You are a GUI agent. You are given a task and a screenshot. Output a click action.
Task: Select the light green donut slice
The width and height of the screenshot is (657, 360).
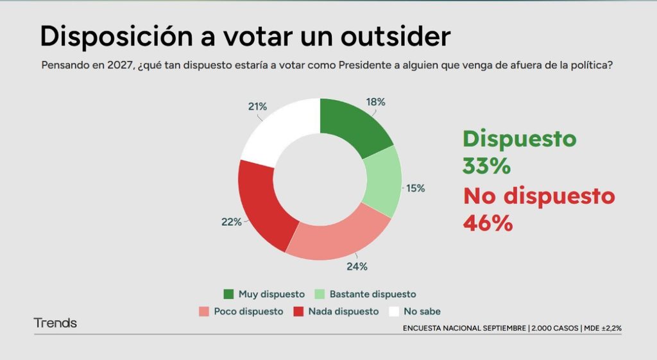(x=382, y=181)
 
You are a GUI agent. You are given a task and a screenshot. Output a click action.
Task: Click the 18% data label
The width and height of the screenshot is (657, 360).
(x=375, y=102)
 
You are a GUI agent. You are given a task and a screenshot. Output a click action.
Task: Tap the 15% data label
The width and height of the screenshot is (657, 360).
(x=416, y=189)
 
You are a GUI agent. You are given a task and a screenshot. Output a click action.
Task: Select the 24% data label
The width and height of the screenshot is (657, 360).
(x=357, y=266)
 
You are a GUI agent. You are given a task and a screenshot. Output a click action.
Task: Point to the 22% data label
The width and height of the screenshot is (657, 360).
(x=232, y=221)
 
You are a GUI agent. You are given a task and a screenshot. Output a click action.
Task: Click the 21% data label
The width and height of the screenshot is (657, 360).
(x=257, y=107)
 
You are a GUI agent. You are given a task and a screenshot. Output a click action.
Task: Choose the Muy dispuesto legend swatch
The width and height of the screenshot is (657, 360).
(x=228, y=294)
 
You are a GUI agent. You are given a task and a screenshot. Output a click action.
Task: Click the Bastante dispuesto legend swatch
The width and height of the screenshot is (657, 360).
(x=320, y=294)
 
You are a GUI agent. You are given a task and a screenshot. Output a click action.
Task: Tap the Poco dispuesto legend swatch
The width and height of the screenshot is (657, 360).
(x=204, y=311)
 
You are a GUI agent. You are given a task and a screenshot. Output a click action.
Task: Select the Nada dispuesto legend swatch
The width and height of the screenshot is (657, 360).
(x=298, y=311)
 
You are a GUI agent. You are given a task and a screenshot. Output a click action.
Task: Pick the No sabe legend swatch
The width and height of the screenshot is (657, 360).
(x=394, y=311)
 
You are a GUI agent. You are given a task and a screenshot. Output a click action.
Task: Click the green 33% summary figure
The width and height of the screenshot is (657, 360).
(x=486, y=166)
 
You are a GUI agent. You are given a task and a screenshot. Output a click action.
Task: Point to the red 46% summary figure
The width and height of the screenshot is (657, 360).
(x=488, y=223)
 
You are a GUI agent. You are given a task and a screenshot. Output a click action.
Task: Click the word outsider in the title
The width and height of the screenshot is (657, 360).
(x=395, y=36)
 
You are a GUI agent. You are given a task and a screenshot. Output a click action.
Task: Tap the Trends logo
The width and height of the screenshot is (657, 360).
(x=55, y=323)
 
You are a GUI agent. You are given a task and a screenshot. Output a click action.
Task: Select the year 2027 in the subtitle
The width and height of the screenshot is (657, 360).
(x=120, y=65)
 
